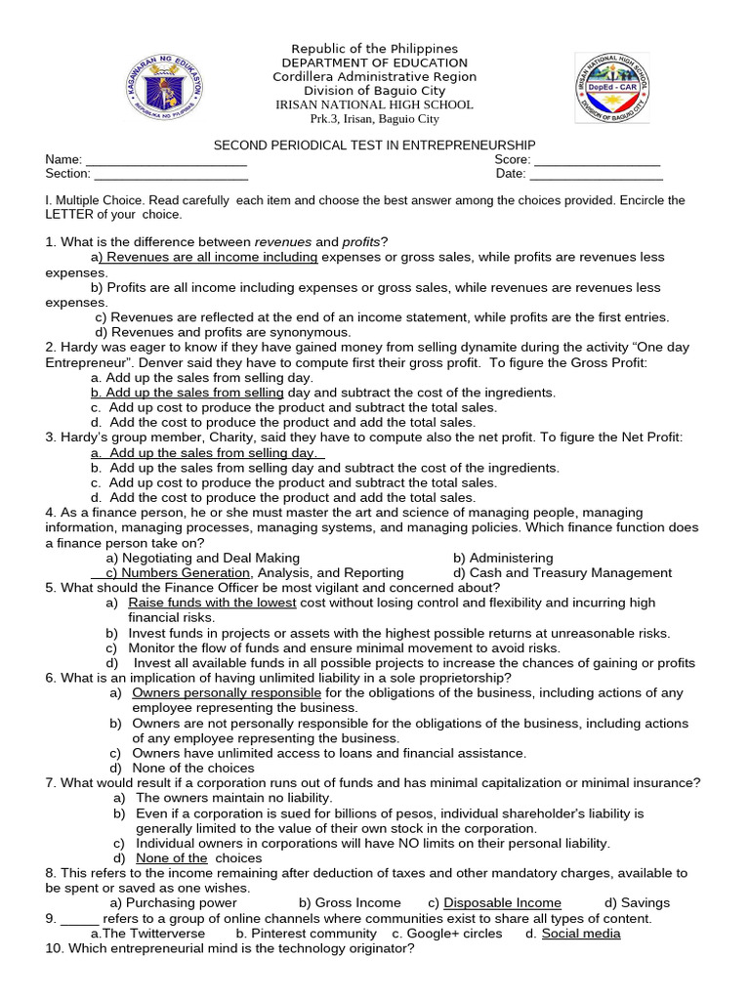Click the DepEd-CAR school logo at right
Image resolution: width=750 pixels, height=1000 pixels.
click(612, 88)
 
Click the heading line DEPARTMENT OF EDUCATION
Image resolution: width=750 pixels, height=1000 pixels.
click(375, 62)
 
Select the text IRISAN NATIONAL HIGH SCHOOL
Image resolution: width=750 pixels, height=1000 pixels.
click(375, 104)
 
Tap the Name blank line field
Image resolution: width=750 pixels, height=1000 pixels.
click(166, 160)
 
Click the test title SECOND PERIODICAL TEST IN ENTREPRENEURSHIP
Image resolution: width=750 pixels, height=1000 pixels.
click(375, 145)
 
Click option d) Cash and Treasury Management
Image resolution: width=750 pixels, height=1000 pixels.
click(562, 573)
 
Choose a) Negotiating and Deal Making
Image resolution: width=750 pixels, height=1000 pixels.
click(195, 558)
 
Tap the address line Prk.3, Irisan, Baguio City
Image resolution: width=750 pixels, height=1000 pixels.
click(375, 119)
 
